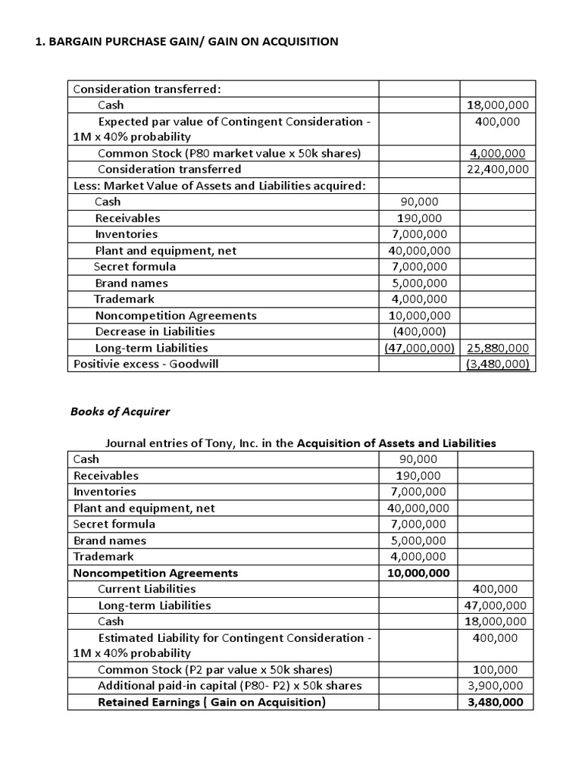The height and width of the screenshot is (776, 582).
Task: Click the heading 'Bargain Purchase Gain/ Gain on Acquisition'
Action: tap(187, 42)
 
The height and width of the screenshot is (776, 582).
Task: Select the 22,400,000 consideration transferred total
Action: tap(498, 169)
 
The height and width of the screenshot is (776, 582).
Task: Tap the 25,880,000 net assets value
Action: tap(498, 348)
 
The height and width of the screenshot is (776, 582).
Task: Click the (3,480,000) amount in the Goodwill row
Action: tap(498, 364)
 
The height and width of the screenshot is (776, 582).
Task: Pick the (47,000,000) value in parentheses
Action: tap(418, 348)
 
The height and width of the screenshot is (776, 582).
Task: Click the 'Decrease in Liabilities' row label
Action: tap(155, 331)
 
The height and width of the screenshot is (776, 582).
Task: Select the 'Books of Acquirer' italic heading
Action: tap(120, 411)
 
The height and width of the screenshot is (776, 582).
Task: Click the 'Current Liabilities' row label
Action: tap(147, 588)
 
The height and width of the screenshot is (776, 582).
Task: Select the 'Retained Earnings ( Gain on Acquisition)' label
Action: tap(211, 702)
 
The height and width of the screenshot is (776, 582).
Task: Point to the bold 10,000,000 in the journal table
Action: tap(418, 572)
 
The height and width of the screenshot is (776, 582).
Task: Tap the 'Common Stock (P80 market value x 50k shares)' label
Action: tap(229, 153)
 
